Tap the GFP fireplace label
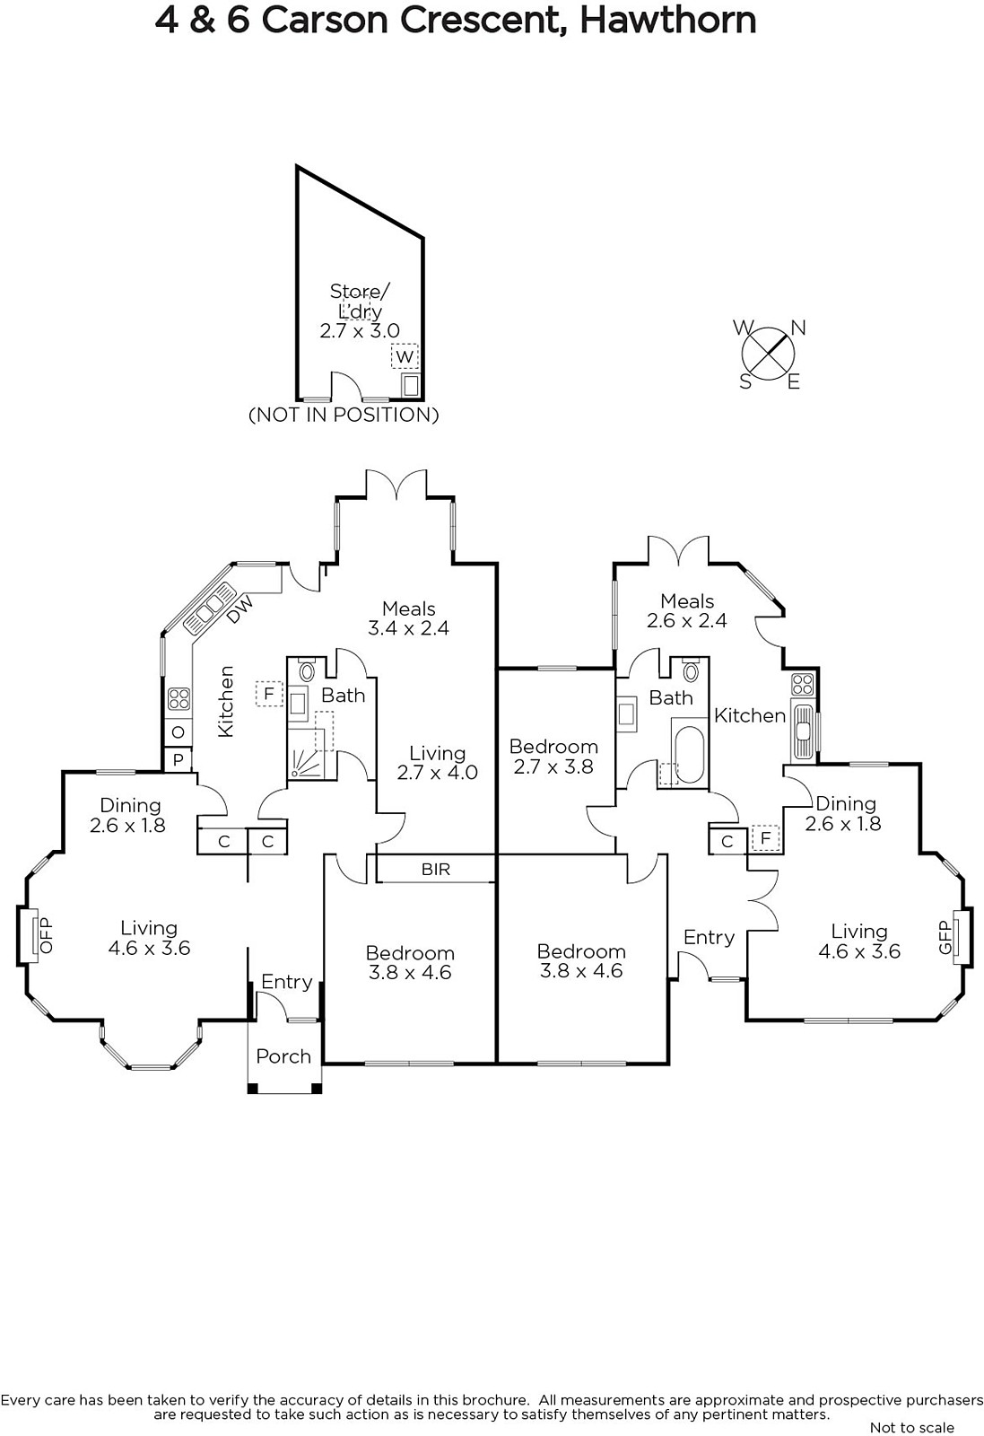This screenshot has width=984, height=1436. (944, 937)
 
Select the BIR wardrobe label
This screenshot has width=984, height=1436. (436, 869)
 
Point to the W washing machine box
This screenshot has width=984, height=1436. (405, 356)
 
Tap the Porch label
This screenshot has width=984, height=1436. (283, 1056)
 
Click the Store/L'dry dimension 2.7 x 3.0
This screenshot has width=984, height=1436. (360, 330)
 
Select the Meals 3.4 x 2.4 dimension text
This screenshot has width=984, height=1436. (408, 628)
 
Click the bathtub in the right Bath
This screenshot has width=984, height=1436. (689, 755)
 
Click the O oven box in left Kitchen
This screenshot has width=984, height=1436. (178, 732)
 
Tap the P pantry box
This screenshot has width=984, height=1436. (178, 759)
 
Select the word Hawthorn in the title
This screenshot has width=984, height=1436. (667, 20)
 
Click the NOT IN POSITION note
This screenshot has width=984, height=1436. (344, 415)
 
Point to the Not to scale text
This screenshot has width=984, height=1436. (911, 1427)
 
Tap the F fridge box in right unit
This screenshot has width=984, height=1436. (765, 838)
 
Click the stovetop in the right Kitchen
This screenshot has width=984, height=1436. (802, 684)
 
